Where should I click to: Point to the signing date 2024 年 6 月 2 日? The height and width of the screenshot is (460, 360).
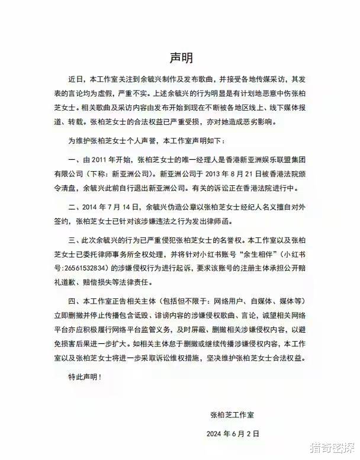(233, 434)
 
